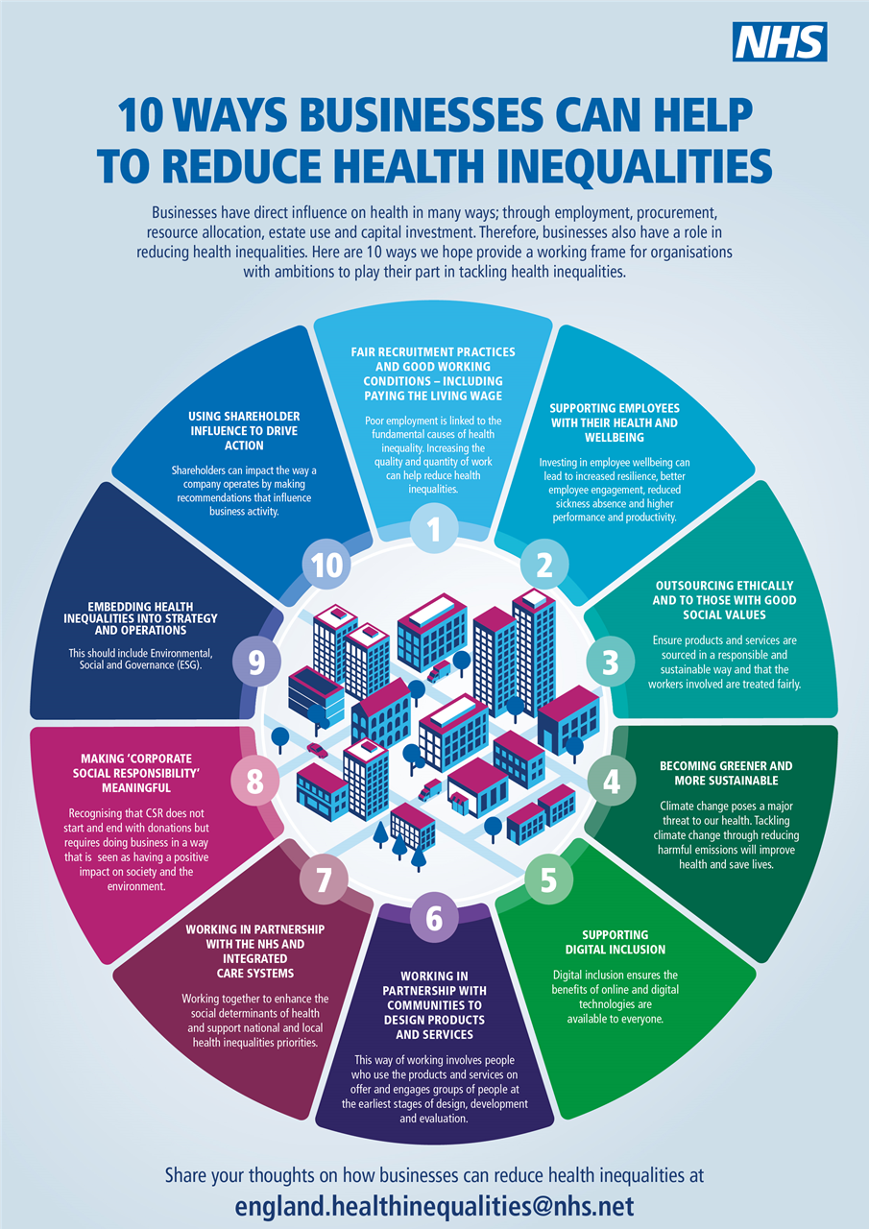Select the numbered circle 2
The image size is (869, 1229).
click(543, 566)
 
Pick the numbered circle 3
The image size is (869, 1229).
click(610, 662)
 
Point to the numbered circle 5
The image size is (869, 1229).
click(548, 880)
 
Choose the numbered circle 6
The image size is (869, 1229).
click(434, 918)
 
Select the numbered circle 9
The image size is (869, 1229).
click(256, 663)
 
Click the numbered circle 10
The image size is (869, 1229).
click(326, 566)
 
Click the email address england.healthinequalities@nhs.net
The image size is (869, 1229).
click(434, 1205)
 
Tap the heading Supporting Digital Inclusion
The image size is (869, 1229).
click(615, 942)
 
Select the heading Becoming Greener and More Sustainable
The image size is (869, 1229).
click(726, 773)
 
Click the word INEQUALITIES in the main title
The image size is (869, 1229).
click(619, 164)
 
